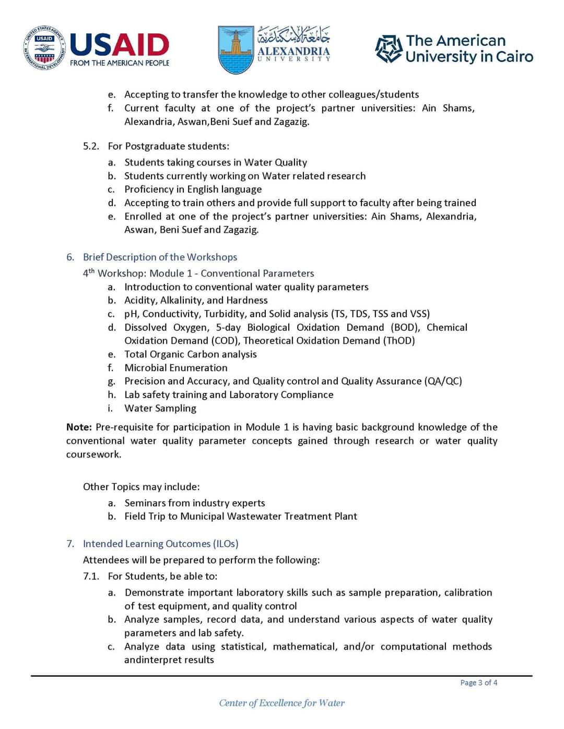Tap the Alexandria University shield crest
[x=236, y=50]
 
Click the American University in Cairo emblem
[x=389, y=49]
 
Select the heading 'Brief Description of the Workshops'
[x=160, y=257]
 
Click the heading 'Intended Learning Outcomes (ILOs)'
[x=160, y=543]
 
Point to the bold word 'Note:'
[x=79, y=427]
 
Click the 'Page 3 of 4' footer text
[x=478, y=683]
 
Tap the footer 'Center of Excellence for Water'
[x=281, y=703]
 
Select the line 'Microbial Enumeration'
[x=175, y=367]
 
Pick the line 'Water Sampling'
[x=160, y=408]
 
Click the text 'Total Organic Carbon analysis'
[x=190, y=354]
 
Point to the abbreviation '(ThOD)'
[x=399, y=340]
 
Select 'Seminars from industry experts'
[x=194, y=503]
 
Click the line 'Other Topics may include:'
[x=141, y=486]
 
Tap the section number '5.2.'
[x=91, y=146]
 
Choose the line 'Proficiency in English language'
[x=193, y=189]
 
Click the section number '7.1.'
[x=91, y=576]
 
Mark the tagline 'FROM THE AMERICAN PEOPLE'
[x=120, y=63]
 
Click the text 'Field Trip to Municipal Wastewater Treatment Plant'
[x=240, y=516]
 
